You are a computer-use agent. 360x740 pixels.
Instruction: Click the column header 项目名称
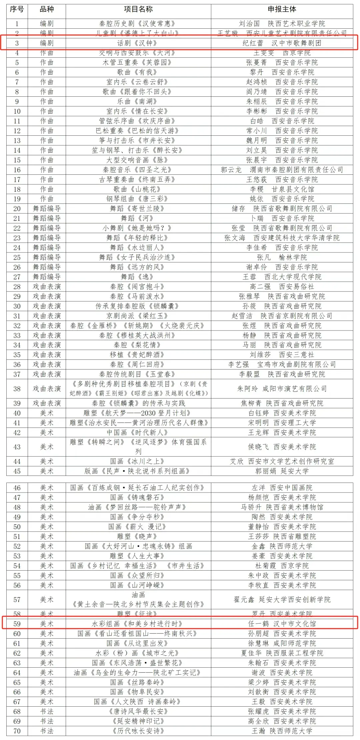tap(138, 9)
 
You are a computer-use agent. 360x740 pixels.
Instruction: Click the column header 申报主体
tap(282, 9)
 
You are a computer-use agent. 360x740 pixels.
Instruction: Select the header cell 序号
tap(17, 9)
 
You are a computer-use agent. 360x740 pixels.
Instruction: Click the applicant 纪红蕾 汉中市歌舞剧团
tap(282, 43)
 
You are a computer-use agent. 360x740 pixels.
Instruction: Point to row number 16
tap(17, 170)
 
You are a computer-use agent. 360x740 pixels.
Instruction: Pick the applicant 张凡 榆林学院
tap(282, 257)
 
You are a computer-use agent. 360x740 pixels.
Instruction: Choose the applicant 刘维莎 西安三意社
tap(282, 355)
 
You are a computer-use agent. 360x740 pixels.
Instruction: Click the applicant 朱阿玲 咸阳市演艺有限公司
tap(282, 389)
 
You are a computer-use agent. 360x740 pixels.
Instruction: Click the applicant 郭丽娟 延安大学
tap(282, 471)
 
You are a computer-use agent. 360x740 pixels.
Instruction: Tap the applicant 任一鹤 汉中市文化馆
tap(282, 624)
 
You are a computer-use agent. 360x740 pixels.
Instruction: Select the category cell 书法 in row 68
tap(47, 711)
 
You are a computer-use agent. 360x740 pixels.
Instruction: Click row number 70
tap(17, 731)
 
